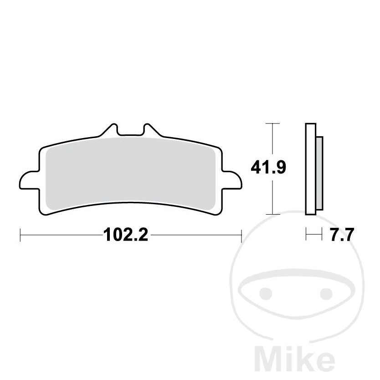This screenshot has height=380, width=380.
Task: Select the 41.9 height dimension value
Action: click(268, 168)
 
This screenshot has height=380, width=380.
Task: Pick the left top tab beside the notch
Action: click(110, 129)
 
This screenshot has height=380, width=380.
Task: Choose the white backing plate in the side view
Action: click(310, 169)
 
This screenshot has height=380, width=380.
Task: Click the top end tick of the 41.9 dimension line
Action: click(272, 123)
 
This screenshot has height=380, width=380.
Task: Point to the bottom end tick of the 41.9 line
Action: click(272, 214)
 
